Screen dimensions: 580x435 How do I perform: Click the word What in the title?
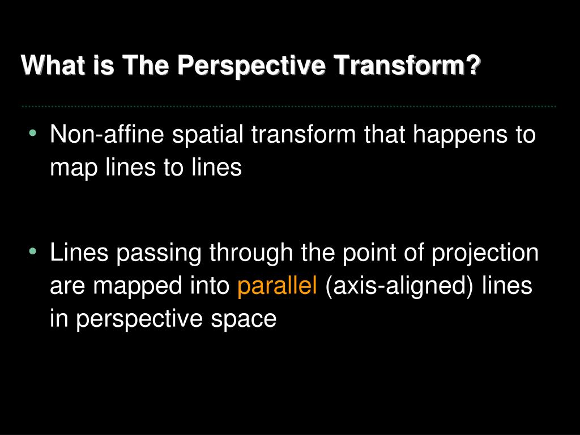pyautogui.click(x=53, y=65)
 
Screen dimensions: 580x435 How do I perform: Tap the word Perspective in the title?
pyautogui.click(x=251, y=65)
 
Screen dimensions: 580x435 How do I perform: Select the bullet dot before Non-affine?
pyautogui.click(x=33, y=133)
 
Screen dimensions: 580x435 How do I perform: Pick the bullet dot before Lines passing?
pyautogui.click(x=33, y=251)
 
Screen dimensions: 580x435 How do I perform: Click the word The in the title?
pyautogui.click(x=146, y=65)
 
